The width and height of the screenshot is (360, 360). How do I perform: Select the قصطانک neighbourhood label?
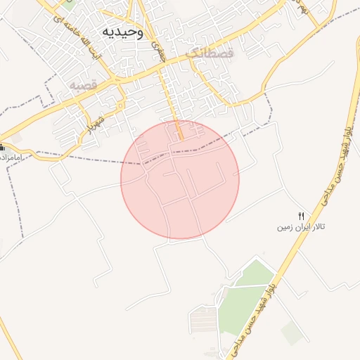(x=206, y=53)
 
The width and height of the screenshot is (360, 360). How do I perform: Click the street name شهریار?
(x=94, y=122)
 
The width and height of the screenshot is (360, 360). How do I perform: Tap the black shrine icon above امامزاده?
(x=2, y=148)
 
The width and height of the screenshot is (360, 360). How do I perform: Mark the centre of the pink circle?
(x=180, y=179)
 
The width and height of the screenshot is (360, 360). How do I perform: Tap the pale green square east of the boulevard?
(x=292, y=332)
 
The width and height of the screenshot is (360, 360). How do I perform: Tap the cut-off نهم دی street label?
(x=303, y=8)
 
